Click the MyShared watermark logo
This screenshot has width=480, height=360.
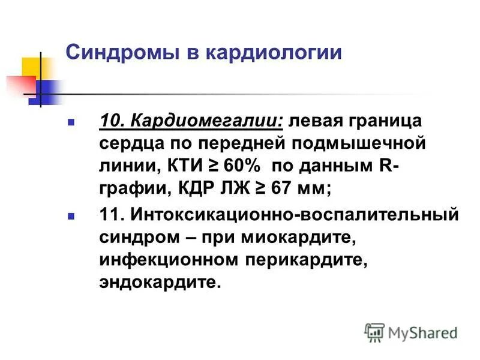[410, 332]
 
